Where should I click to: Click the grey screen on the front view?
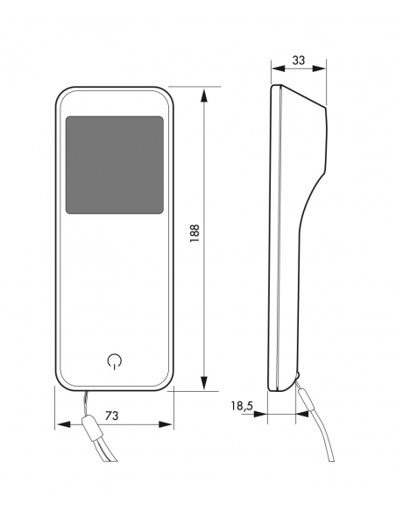[115, 165]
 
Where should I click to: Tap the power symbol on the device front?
[115, 361]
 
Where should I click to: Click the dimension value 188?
[194, 233]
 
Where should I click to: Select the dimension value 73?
[112, 416]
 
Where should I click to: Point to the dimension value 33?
[299, 60]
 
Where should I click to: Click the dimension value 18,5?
[242, 406]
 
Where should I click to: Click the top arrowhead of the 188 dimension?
[204, 96]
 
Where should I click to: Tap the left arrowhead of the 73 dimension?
[62, 424]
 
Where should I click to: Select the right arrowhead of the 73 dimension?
[166, 424]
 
